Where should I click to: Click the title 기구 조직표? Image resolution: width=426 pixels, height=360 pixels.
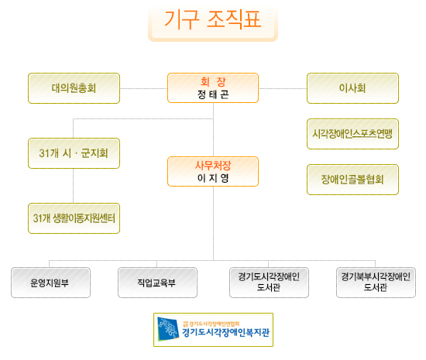(x=213, y=19)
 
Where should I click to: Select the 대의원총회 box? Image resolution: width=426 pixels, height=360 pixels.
(x=74, y=88)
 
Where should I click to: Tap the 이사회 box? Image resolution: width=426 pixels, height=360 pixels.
(x=352, y=88)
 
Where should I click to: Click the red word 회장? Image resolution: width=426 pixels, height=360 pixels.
(x=213, y=81)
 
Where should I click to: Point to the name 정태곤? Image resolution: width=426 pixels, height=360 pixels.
(x=213, y=94)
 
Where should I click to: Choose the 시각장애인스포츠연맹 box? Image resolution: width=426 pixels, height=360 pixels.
(x=352, y=134)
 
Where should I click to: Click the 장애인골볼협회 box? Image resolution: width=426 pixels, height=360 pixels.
(x=352, y=180)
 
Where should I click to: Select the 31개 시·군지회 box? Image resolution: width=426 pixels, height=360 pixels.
(x=74, y=153)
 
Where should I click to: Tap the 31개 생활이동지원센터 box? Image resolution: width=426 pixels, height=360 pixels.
(x=74, y=218)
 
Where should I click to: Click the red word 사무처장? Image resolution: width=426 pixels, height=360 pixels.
(x=213, y=166)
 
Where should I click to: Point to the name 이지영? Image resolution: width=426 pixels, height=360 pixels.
(x=213, y=178)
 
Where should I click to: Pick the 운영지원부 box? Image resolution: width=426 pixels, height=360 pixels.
(x=50, y=283)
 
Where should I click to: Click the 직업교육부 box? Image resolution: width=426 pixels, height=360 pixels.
(x=157, y=283)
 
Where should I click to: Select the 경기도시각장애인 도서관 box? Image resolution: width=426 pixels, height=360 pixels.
(x=269, y=283)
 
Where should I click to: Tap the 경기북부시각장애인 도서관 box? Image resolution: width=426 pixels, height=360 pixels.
(x=376, y=283)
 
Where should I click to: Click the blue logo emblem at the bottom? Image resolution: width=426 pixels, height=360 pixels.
(x=168, y=329)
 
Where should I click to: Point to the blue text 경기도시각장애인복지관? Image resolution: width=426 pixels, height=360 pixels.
(x=225, y=333)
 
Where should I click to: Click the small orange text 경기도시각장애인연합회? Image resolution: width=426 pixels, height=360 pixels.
(x=211, y=324)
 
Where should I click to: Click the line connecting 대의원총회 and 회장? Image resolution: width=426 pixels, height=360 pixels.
(x=144, y=88)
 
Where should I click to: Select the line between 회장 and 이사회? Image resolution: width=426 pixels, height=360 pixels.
(x=283, y=88)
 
